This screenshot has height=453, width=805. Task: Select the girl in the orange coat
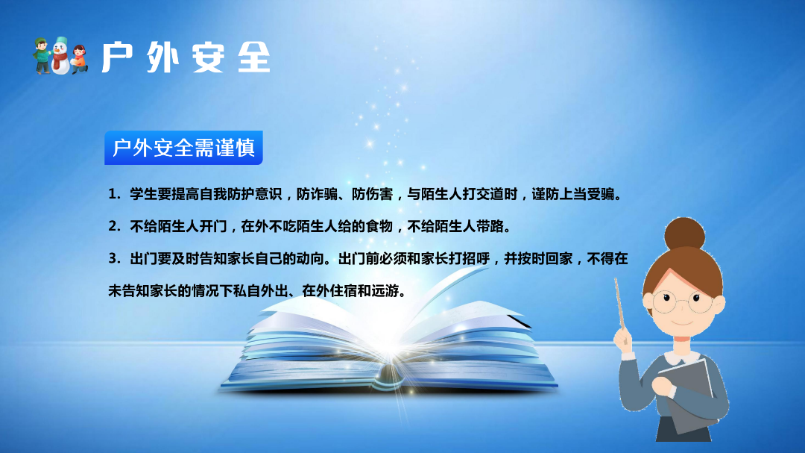point(78,59)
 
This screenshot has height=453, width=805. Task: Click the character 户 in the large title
point(118,57)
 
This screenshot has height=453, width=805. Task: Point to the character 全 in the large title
point(254,57)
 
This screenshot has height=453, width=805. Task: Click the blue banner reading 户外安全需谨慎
point(183,148)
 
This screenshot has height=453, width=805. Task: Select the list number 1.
point(113,194)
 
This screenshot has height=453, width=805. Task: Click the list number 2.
point(113,226)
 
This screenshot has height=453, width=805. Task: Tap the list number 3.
point(113,258)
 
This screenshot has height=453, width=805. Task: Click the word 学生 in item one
point(143,194)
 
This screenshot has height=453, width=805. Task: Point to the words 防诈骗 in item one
point(317,194)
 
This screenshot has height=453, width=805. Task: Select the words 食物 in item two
point(379,226)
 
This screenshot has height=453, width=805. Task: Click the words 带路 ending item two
point(490,226)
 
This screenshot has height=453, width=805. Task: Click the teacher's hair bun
point(684,234)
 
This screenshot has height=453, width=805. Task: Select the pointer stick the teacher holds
point(619,304)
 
